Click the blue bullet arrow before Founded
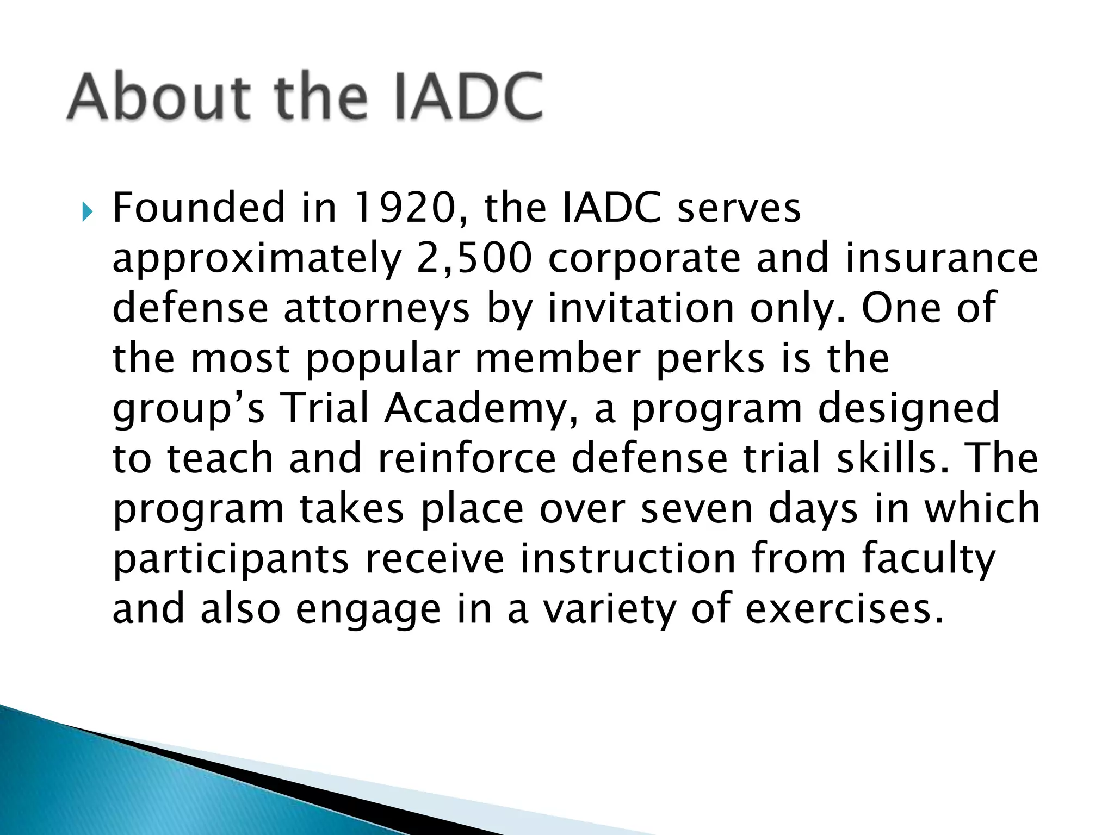[x=88, y=213]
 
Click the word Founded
[x=198, y=208]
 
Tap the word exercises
[x=844, y=609]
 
